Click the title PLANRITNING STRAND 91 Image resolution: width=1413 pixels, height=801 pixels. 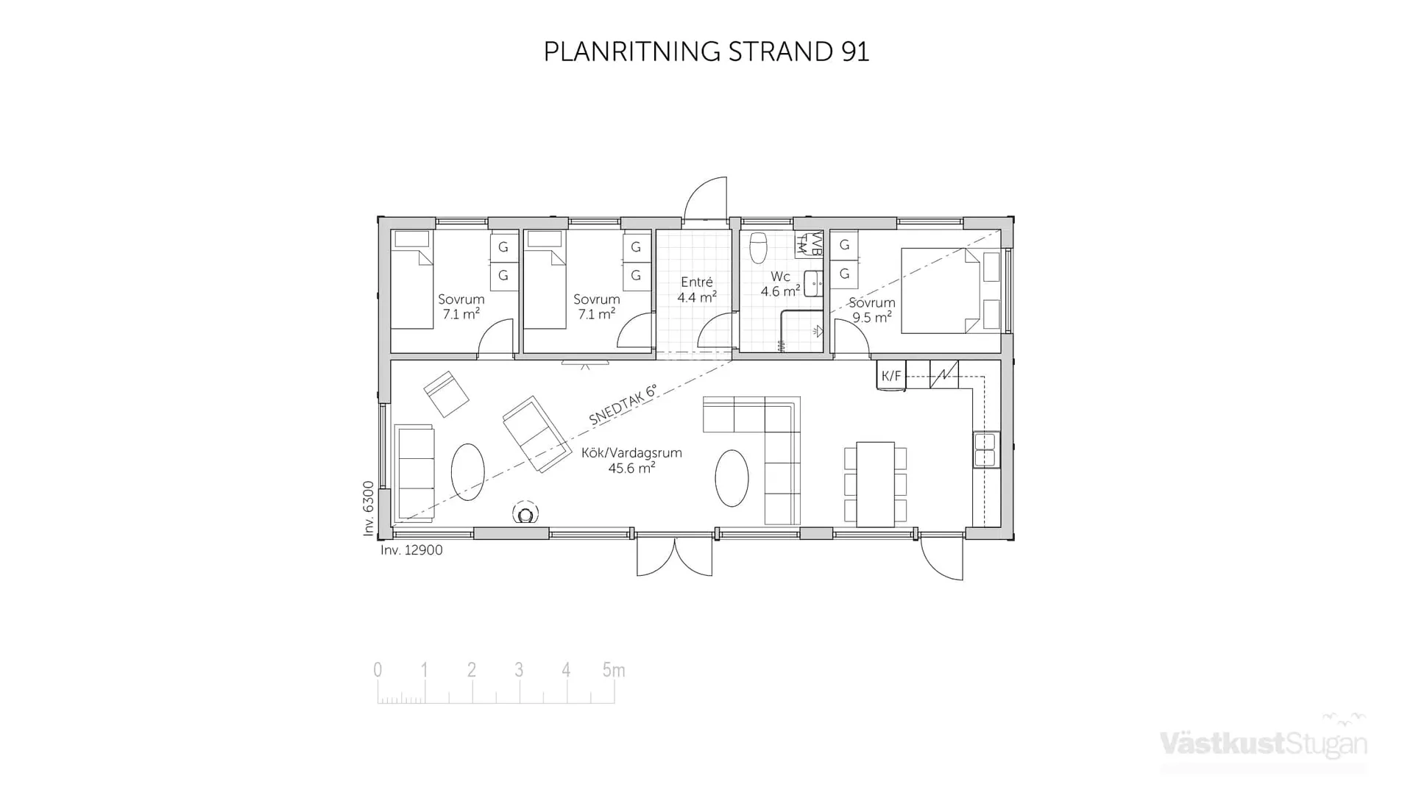pyautogui.click(x=706, y=51)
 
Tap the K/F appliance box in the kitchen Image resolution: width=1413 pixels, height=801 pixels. pyautogui.click(x=890, y=376)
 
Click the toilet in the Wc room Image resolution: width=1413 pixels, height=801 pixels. pyautogui.click(x=758, y=248)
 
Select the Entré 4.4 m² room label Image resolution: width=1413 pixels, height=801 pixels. pyautogui.click(x=696, y=290)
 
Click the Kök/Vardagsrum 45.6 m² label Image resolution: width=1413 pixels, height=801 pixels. pyautogui.click(x=631, y=460)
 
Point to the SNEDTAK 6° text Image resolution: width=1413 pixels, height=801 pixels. pyautogui.click(x=622, y=405)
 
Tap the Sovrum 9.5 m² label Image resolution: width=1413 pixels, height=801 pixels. pyautogui.click(x=872, y=310)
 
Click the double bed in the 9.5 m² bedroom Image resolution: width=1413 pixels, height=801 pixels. pyautogui.click(x=942, y=291)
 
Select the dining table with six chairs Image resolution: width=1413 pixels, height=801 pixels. pyautogui.click(x=875, y=484)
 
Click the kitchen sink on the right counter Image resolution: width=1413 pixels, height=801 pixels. pyautogui.click(x=985, y=449)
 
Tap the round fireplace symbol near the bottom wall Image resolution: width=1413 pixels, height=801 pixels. pyautogui.click(x=525, y=514)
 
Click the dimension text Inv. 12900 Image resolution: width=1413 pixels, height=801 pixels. pyautogui.click(x=411, y=550)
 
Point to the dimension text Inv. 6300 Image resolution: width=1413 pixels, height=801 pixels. pyautogui.click(x=369, y=508)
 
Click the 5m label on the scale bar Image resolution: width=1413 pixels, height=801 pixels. pyautogui.click(x=613, y=670)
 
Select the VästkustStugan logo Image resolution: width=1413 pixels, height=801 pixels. pyautogui.click(x=1263, y=743)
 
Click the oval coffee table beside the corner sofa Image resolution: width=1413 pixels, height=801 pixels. pyautogui.click(x=732, y=478)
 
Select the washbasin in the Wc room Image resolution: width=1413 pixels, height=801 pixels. pyautogui.click(x=812, y=283)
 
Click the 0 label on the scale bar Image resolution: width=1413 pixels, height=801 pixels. pyautogui.click(x=378, y=670)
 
